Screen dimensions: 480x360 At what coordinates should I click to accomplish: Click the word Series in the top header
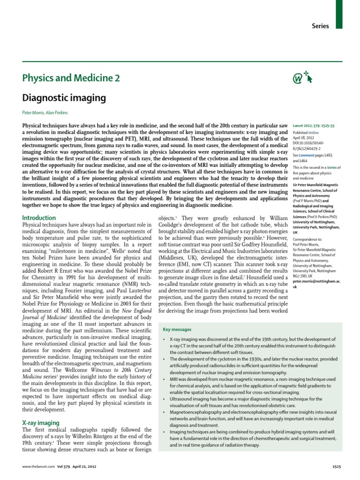tap(320, 26)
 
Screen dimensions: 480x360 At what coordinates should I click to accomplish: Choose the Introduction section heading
tap(39, 218)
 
